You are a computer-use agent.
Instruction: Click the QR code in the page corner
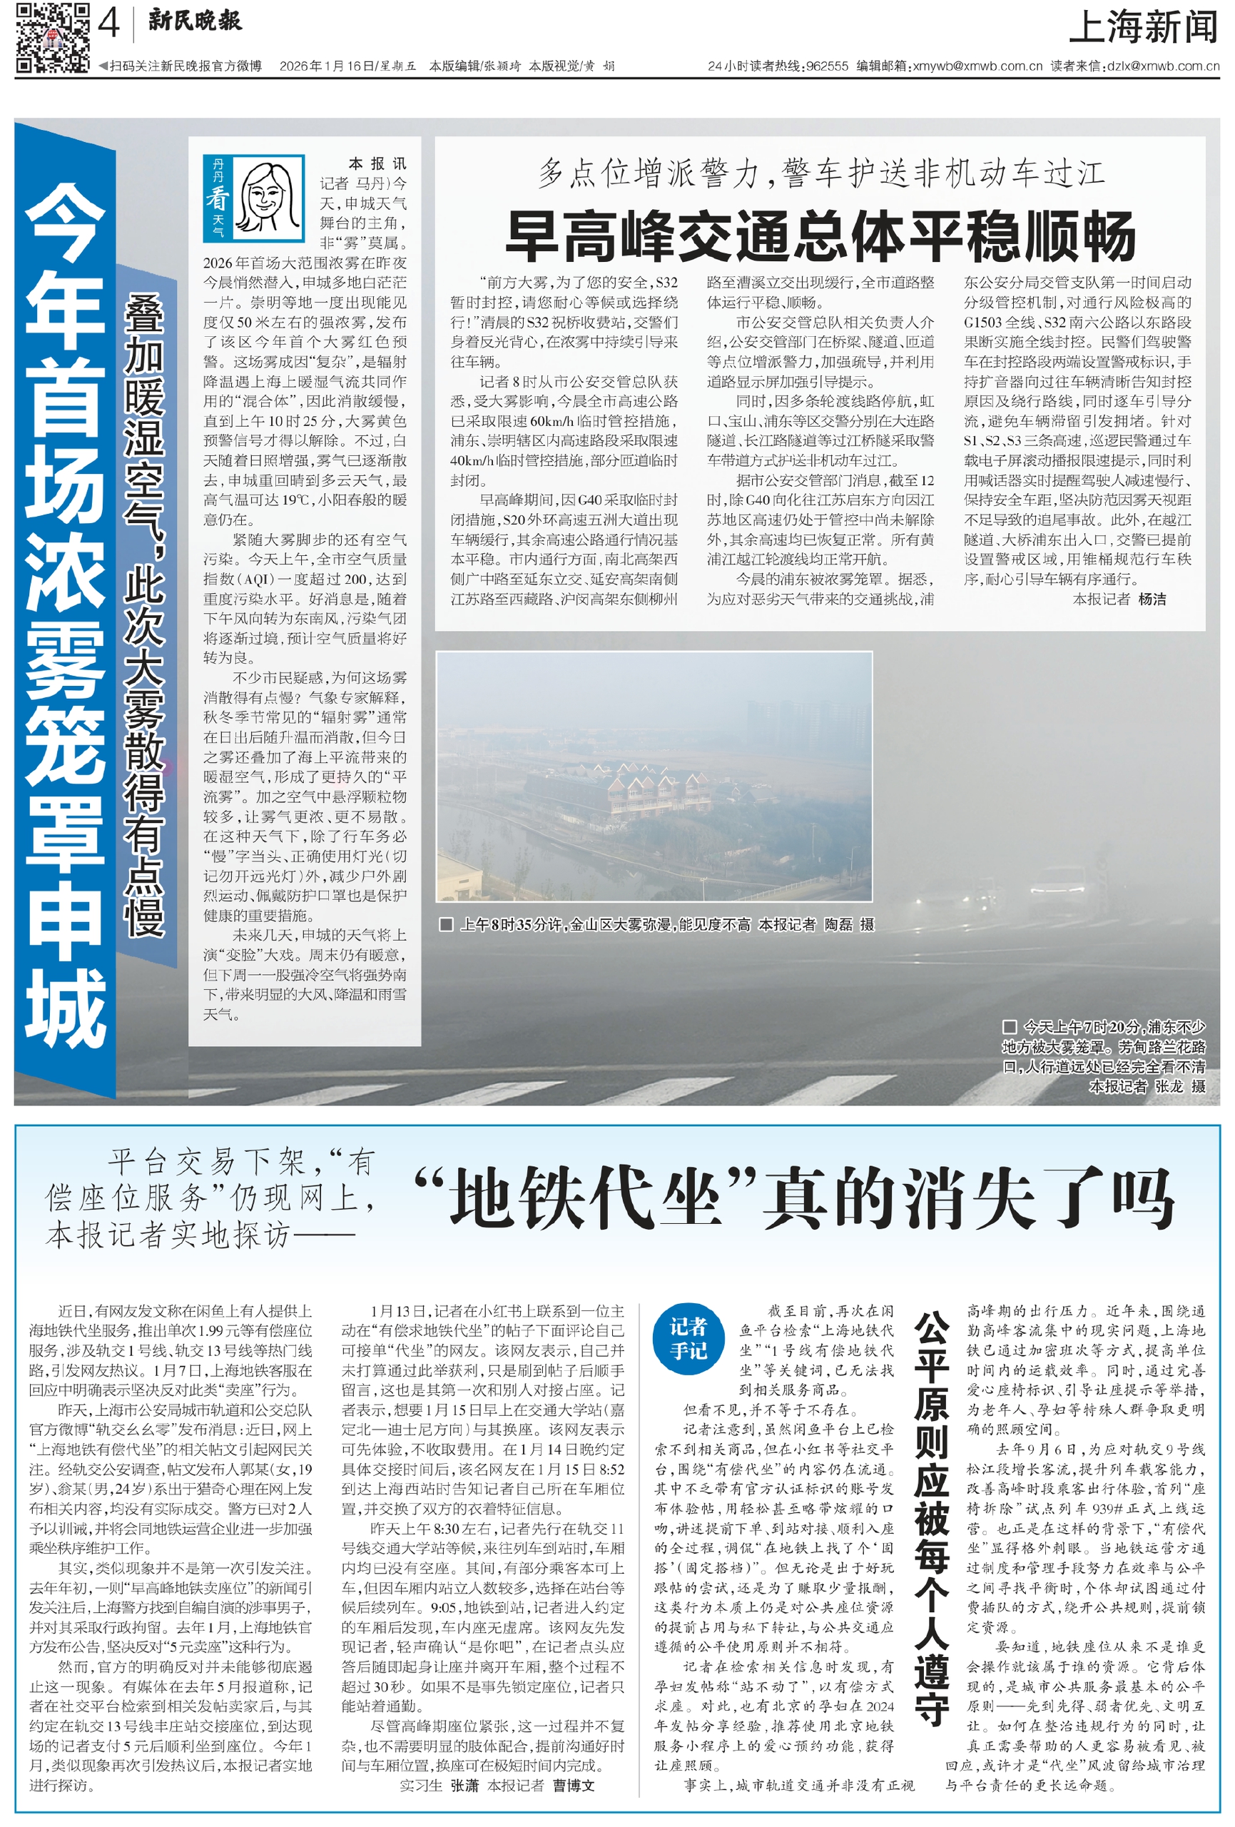53,37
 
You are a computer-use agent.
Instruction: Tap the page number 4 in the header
108,24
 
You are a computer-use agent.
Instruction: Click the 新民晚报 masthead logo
194,21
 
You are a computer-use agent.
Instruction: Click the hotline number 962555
827,67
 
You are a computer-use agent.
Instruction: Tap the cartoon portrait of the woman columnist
270,199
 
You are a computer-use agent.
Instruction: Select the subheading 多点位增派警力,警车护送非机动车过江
820,173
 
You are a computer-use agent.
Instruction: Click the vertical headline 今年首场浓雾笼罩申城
65,613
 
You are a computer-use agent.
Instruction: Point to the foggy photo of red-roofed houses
654,776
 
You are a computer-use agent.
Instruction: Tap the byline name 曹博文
573,1786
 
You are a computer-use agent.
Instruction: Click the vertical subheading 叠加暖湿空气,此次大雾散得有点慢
145,613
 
